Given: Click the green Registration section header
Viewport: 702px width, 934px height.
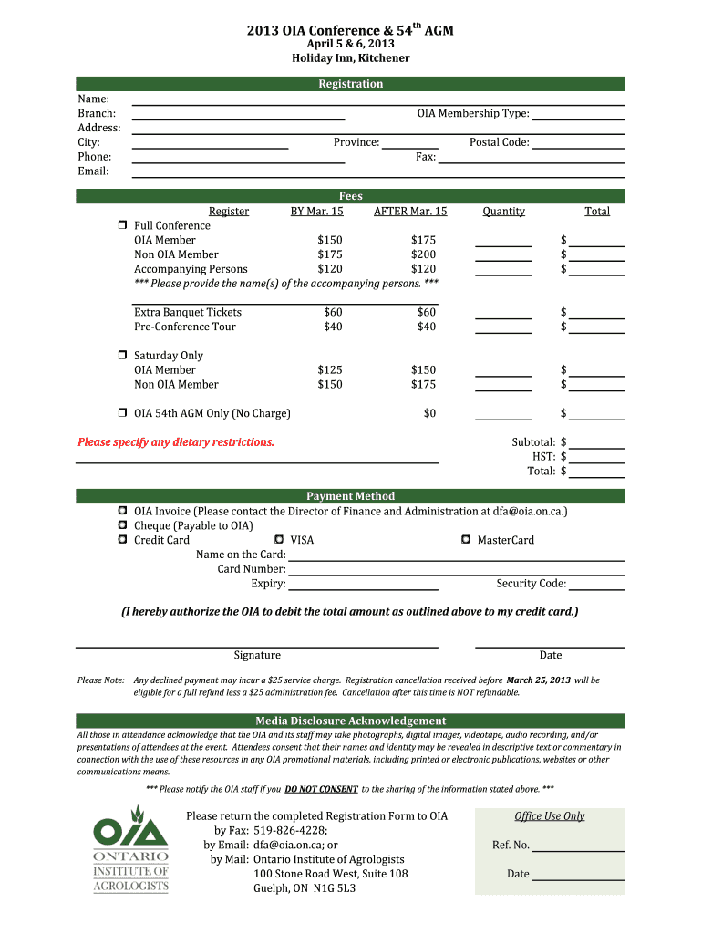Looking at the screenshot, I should [351, 84].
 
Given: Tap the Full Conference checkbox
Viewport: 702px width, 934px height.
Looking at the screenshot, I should [121, 225].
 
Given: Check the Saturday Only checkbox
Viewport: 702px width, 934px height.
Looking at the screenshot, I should [121, 355].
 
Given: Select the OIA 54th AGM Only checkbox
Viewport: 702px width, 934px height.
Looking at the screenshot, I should [121, 413].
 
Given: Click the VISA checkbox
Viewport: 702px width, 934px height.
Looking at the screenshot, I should [280, 540].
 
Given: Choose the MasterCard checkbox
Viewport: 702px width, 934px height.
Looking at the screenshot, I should [468, 540].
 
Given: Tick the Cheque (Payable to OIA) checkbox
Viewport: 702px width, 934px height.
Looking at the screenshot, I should [121, 525].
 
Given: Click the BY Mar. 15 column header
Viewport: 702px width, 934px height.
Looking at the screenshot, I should [316, 212].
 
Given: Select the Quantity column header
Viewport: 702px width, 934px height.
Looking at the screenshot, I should [503, 212].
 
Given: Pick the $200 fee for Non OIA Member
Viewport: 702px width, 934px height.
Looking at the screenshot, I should [423, 254].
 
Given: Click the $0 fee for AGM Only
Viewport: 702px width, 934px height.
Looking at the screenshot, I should [429, 413].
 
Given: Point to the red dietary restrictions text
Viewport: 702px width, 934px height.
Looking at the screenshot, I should [176, 442].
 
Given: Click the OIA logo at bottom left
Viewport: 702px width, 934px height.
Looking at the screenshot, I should [130, 848].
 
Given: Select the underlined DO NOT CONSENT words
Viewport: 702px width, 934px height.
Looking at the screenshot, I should [321, 789].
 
